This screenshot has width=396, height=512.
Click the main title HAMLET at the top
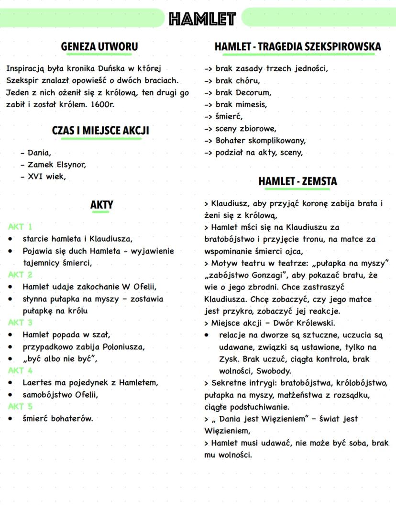202,19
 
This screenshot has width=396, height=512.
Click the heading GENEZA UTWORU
99,47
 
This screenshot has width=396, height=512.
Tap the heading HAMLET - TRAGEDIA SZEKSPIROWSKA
297,47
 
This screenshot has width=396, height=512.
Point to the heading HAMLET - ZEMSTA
297,182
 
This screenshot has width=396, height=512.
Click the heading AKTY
101,205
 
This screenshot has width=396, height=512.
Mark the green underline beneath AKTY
101,212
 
